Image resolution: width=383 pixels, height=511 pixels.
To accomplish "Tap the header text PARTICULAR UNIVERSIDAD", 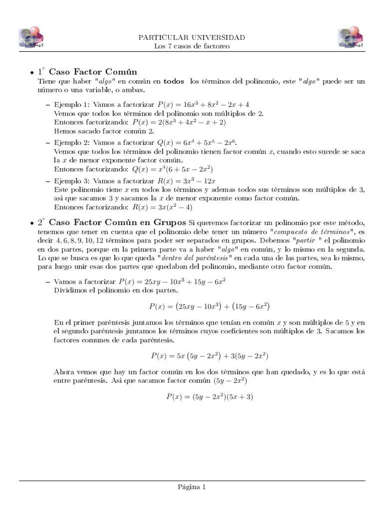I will click(x=191, y=38).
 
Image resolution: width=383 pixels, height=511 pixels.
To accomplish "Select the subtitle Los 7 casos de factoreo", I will click(x=191, y=46).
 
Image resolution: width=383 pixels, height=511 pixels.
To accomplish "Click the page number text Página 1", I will click(x=191, y=487).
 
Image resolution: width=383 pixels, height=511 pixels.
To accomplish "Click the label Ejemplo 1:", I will click(x=73, y=104).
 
